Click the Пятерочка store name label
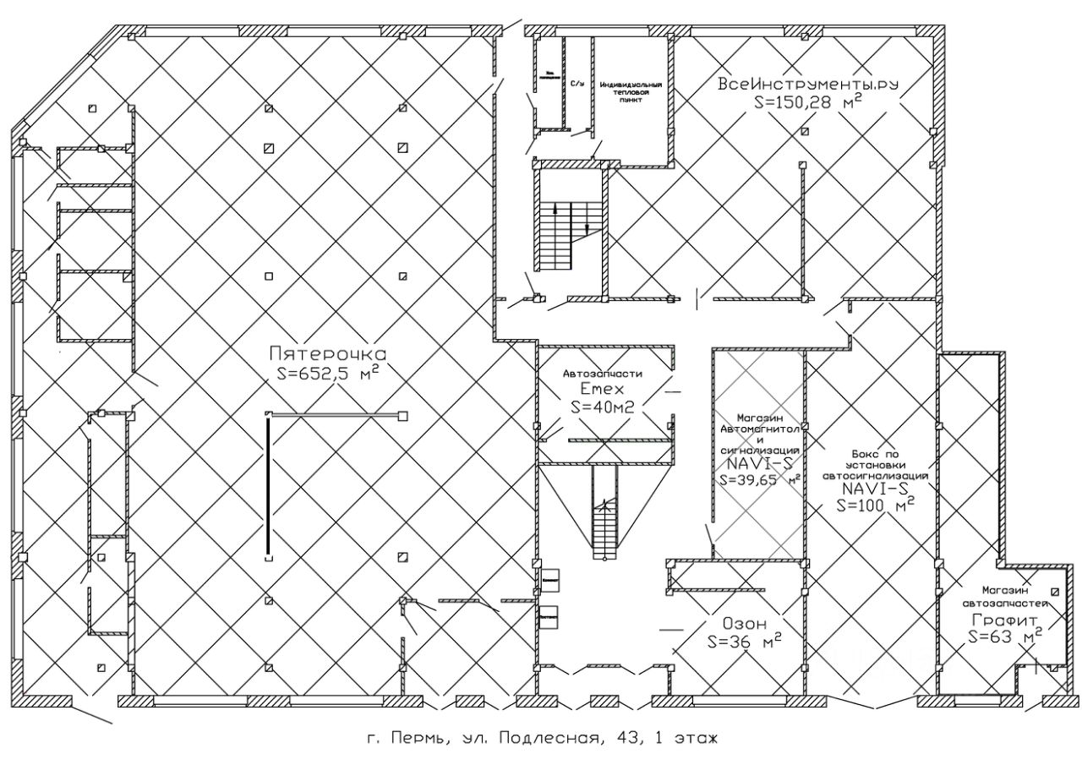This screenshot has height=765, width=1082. (x=327, y=353)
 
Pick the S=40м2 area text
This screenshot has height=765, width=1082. (x=603, y=407)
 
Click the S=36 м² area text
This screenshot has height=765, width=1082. (x=742, y=642)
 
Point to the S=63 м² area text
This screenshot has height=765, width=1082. (x=1003, y=637)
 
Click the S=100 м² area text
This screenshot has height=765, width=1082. (x=876, y=505)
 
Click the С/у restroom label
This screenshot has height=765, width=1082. (x=577, y=85)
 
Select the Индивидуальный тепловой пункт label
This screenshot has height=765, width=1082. (x=630, y=92)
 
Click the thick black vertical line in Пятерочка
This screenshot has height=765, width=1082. (x=269, y=484)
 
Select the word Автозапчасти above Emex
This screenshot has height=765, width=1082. (x=603, y=373)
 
